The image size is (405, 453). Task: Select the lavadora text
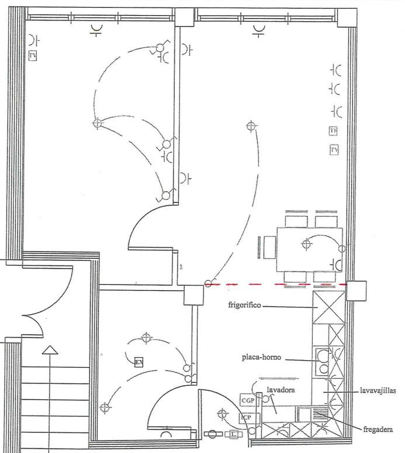(280, 389)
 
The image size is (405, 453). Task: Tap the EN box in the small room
(139, 362)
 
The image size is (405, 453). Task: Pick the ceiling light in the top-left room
(97, 123)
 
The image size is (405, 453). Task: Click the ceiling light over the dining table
(306, 244)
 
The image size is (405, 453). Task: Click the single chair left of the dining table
(269, 247)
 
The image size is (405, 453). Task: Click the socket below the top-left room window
(96, 30)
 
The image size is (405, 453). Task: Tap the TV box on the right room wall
(334, 150)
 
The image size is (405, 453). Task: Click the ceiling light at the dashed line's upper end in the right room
(251, 126)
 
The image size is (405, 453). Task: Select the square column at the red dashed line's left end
(193, 295)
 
